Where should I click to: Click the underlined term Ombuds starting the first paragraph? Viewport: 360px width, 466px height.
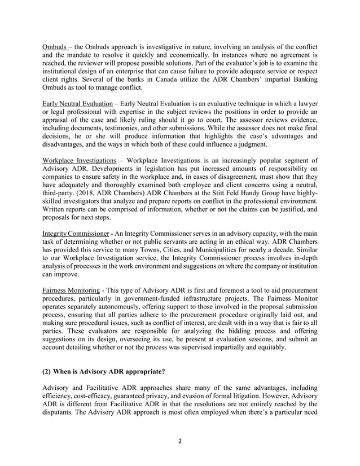point(56,45)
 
